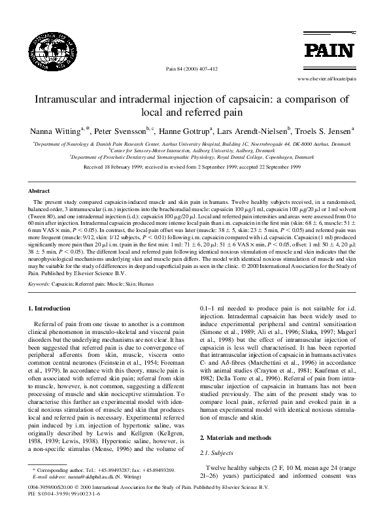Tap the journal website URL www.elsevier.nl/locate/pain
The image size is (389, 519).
click(326, 78)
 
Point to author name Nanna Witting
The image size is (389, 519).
click(50, 131)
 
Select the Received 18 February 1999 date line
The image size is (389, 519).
click(194, 167)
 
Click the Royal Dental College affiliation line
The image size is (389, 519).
click(194, 157)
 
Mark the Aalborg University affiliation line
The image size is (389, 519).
click(194, 149)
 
